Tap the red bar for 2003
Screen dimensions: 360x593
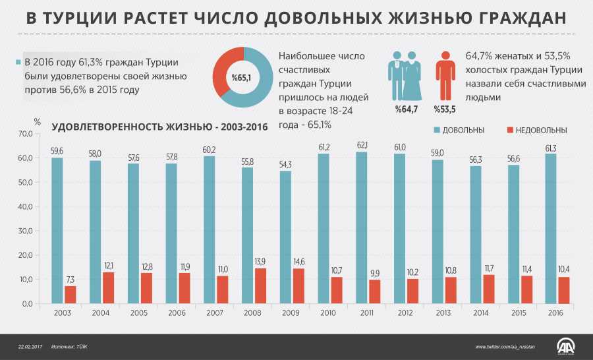click(71, 294)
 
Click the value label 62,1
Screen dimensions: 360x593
click(362, 145)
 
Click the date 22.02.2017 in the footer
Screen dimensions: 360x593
click(30, 347)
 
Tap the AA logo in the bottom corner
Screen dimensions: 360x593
click(565, 346)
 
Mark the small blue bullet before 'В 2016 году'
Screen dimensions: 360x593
click(18, 63)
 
